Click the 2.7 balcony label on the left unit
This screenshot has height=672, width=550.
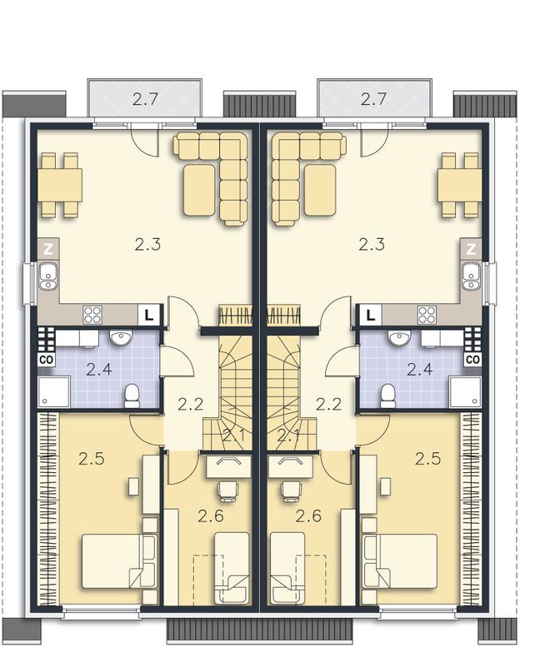point(146,99)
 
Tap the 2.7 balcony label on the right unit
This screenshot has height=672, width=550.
point(374,99)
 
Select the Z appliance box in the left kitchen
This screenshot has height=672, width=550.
point(48,249)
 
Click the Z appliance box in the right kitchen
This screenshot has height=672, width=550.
point(471,249)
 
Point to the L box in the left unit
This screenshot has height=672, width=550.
point(149,315)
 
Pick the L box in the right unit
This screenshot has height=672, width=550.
point(371,315)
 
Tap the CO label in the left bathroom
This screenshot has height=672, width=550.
point(47,360)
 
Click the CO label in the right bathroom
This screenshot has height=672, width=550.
point(472,360)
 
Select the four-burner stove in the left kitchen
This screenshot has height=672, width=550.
point(92,315)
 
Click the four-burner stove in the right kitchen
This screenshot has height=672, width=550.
point(427,315)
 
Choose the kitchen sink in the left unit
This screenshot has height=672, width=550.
point(48,276)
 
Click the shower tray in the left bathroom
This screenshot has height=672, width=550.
point(54,391)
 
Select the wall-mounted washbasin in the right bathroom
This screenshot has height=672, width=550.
point(399,337)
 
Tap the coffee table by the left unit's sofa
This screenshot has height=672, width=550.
point(199,190)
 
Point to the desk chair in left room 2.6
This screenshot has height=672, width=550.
point(227,490)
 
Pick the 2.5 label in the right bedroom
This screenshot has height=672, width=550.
point(427,459)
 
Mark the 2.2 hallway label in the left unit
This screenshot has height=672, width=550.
point(191,404)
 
